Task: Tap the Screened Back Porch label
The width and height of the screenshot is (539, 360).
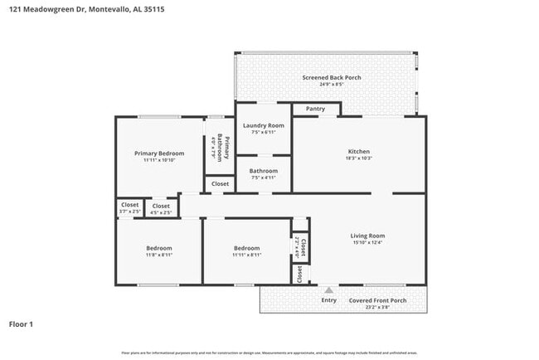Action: [x=331, y=77]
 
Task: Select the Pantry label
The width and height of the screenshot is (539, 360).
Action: [x=315, y=109]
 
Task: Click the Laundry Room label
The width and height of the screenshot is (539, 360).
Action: [x=263, y=125]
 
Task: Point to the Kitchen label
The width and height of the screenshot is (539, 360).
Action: [x=358, y=151]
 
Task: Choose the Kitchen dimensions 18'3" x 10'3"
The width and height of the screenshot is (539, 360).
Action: [x=358, y=158]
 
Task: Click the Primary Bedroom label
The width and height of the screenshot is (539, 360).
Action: [x=159, y=153]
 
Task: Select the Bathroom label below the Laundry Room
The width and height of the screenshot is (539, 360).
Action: [x=263, y=171]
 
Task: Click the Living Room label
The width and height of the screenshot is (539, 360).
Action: [x=367, y=236]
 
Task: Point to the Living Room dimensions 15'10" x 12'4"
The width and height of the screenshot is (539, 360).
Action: [x=367, y=243]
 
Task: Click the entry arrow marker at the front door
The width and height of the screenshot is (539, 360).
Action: [x=329, y=290]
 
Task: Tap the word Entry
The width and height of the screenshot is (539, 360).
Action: [x=329, y=300]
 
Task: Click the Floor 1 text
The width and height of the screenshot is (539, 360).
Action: [x=21, y=324]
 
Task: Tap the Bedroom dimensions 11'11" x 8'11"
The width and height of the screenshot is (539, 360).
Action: [x=246, y=255]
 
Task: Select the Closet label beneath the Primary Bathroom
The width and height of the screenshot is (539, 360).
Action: [x=220, y=184]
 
